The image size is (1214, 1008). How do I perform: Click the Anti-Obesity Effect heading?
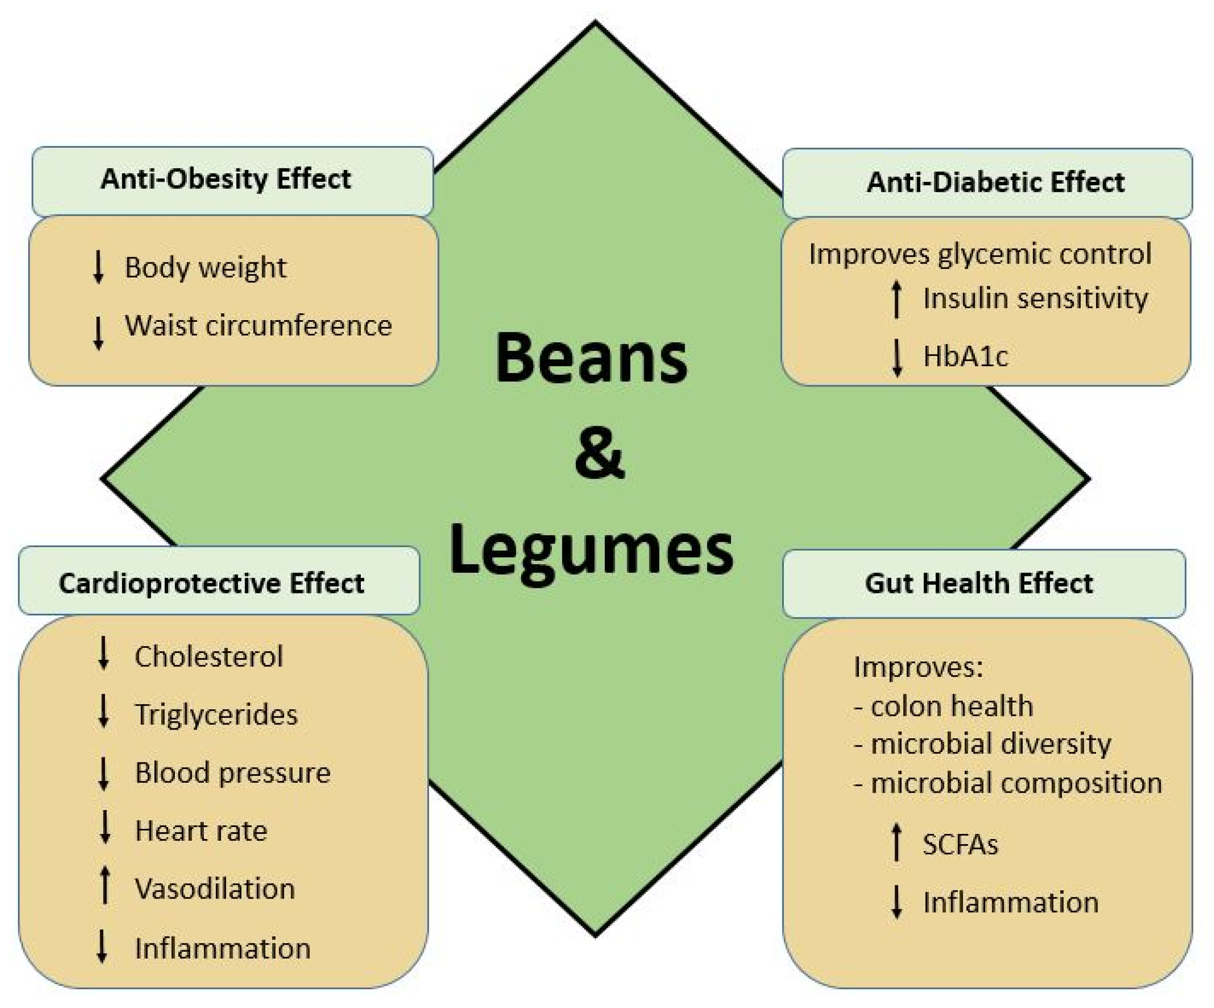[x=226, y=179]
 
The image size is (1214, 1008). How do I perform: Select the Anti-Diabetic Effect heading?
[x=995, y=183]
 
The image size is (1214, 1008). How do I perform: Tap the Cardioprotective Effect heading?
[x=211, y=583]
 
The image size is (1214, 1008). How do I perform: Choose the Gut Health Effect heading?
[x=979, y=583]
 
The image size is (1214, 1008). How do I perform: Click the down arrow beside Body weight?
[x=98, y=267]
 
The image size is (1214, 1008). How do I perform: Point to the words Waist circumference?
[x=258, y=326]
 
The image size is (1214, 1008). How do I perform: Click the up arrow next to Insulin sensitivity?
[x=897, y=299]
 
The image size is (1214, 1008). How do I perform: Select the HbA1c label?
[x=965, y=356]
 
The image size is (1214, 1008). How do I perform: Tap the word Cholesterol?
[x=209, y=657]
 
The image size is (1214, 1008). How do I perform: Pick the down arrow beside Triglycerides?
[x=103, y=711]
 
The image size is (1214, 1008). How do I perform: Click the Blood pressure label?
[x=232, y=773]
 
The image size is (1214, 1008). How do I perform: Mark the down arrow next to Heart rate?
[x=105, y=828]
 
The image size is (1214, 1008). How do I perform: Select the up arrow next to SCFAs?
[x=897, y=842]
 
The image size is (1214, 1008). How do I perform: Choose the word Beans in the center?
[x=591, y=358]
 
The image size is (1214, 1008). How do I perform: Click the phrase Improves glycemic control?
[x=980, y=255]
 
